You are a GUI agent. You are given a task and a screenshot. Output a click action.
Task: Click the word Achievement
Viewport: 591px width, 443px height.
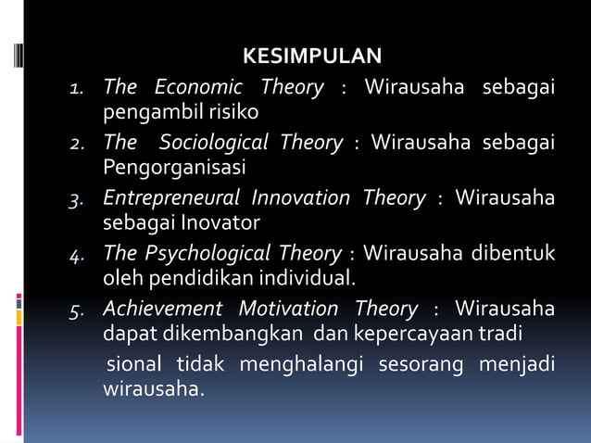(163, 308)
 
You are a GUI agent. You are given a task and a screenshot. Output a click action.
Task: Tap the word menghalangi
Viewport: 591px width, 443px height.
(301, 363)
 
